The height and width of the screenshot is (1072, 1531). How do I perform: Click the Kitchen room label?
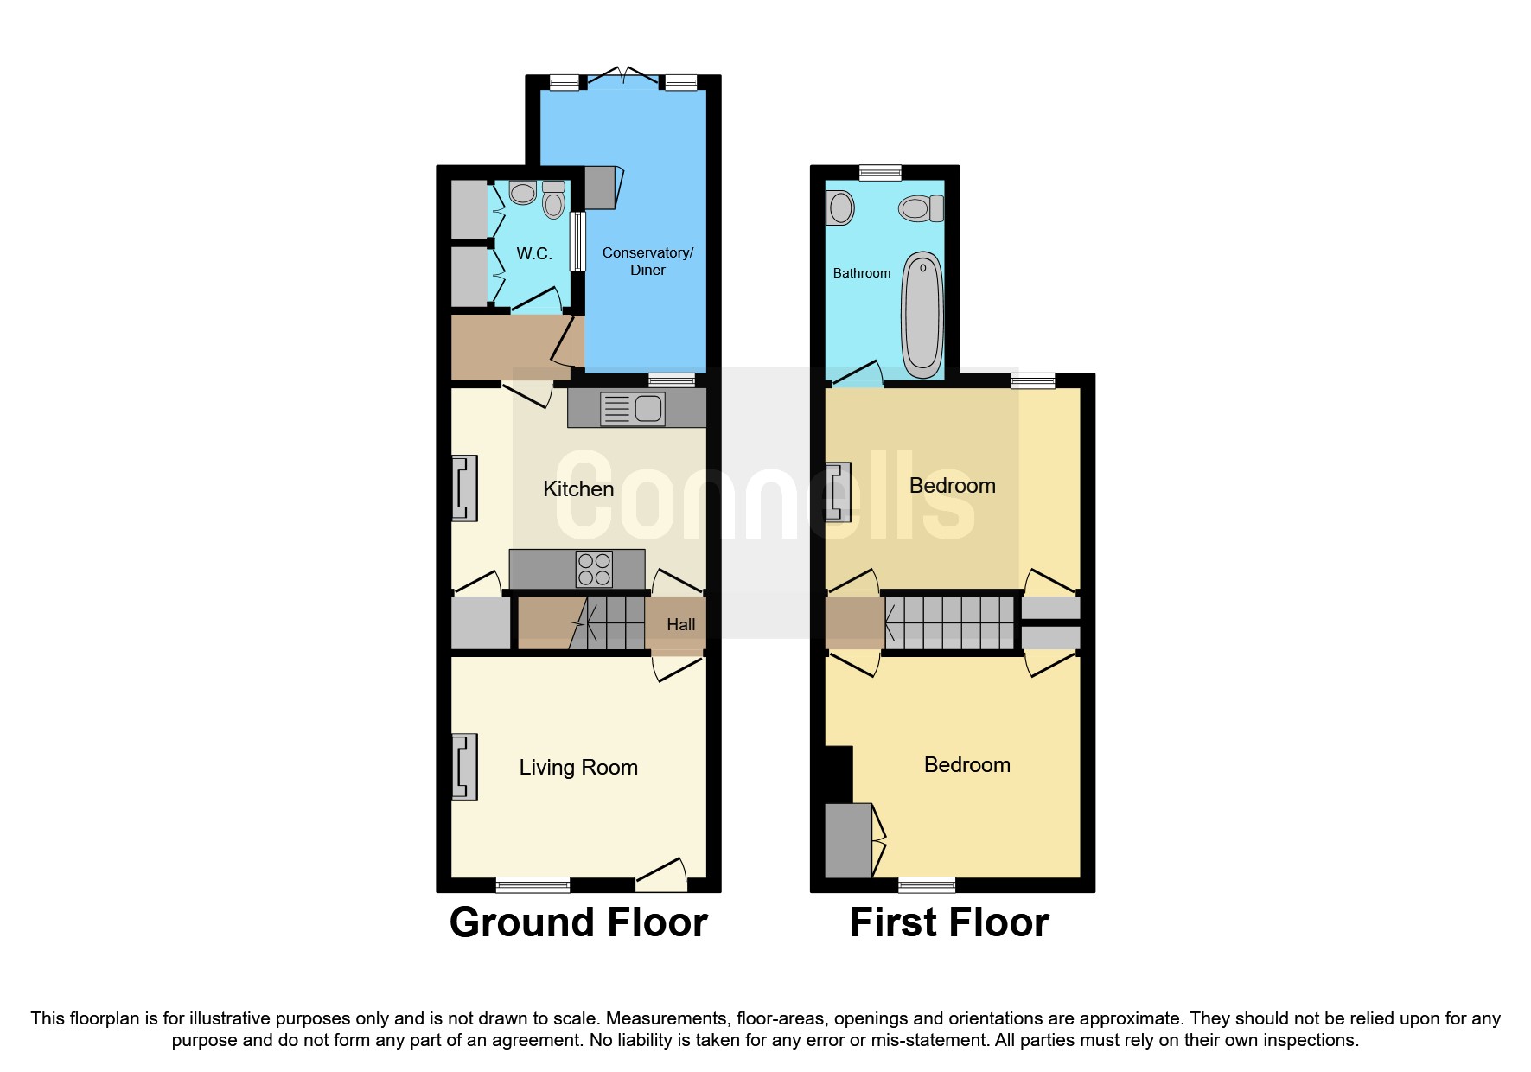click(x=577, y=489)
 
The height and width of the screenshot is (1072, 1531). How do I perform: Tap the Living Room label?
click(x=577, y=768)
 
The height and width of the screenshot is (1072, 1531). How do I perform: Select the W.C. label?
click(x=533, y=253)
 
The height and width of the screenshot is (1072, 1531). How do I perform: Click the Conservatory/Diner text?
click(x=647, y=261)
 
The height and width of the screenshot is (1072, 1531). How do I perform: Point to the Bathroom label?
click(x=861, y=273)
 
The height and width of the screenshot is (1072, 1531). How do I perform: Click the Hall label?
click(x=680, y=625)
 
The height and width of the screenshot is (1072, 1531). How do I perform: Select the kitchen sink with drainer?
click(x=633, y=408)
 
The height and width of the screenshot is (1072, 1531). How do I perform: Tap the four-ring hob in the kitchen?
click(x=594, y=569)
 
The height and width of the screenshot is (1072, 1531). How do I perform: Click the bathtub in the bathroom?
click(x=922, y=316)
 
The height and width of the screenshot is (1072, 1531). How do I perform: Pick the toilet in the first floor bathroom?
click(x=920, y=208)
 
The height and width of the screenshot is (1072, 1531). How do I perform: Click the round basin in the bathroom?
click(x=840, y=208)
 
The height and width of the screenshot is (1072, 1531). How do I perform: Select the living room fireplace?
click(x=464, y=767)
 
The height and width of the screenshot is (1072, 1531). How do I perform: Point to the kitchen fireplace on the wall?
click(x=464, y=488)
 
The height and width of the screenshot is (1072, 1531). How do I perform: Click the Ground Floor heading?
click(x=577, y=922)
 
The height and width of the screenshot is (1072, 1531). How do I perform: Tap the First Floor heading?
click(x=948, y=922)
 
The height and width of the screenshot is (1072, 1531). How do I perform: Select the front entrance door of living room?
click(x=661, y=875)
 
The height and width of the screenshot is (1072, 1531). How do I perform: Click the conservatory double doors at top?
click(x=624, y=78)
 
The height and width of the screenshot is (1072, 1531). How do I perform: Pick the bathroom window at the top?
click(x=880, y=173)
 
